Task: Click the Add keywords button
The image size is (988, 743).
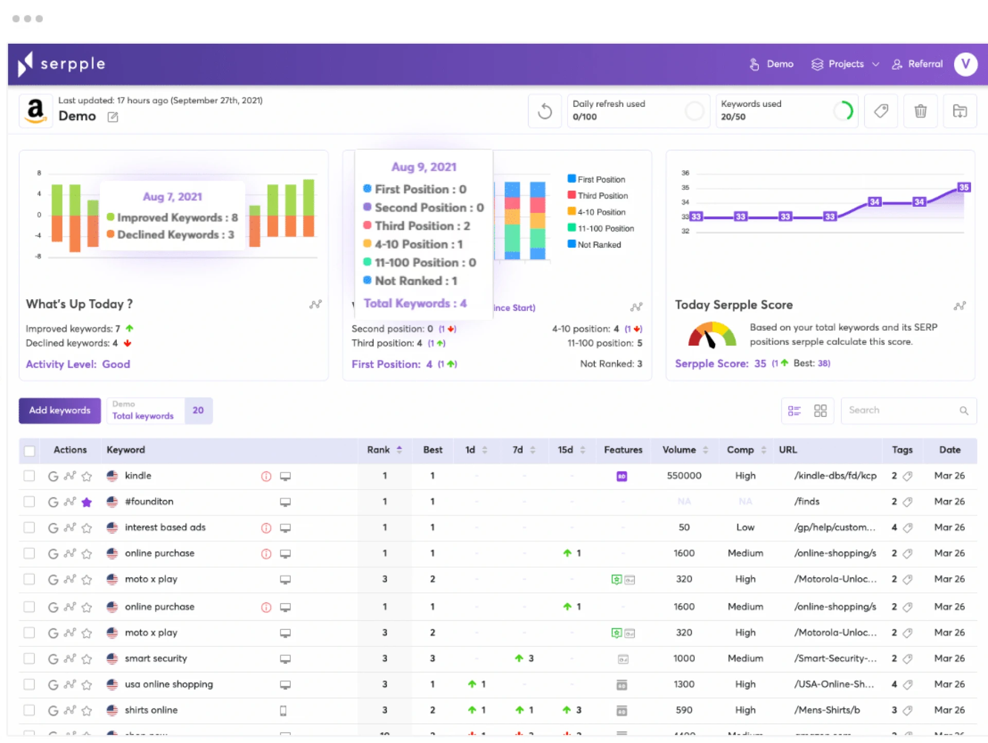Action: pos(60,410)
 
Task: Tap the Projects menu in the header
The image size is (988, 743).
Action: pos(845,64)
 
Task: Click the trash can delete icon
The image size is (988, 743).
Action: pos(920,111)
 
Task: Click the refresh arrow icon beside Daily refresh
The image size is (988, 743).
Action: pos(544,111)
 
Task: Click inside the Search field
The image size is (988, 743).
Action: pos(901,410)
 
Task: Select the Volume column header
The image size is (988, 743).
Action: pos(679,450)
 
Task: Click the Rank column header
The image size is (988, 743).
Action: pos(379,450)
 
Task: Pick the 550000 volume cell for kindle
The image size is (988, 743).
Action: pos(684,476)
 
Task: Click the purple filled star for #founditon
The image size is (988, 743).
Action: pos(86,502)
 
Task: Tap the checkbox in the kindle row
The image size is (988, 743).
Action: pos(29,476)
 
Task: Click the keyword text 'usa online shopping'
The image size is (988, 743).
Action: pos(169,684)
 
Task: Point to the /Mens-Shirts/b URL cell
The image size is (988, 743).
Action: pos(827,710)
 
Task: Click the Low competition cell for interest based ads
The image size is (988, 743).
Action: pos(745,528)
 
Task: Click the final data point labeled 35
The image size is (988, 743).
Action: pos(964,187)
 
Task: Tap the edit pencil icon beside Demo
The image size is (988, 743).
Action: pos(113,117)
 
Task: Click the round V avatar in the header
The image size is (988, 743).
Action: pos(965,64)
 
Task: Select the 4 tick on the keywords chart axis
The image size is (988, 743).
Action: pos(39,194)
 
